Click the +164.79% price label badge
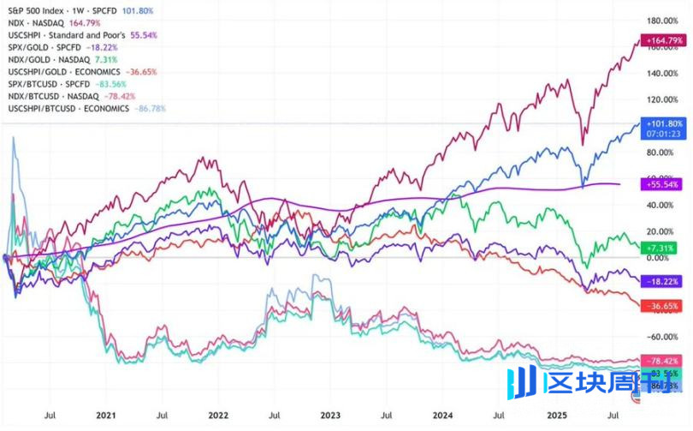[665, 40]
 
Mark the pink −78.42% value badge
[664, 361]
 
